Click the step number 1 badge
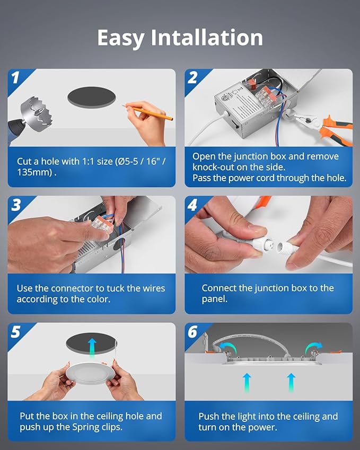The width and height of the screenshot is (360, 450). [x=15, y=77]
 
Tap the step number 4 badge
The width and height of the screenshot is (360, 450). [x=192, y=205]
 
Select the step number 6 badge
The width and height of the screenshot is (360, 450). [x=192, y=332]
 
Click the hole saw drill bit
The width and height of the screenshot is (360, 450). [x=37, y=112]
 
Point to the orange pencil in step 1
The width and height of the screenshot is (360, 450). [x=148, y=112]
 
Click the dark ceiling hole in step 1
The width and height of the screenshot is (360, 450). [x=92, y=98]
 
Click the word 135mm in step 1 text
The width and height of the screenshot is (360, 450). [x=34, y=172]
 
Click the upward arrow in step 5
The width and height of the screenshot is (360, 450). [x=92, y=348]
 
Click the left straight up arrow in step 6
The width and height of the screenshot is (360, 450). [x=247, y=383]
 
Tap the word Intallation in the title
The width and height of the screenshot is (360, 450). [x=207, y=38]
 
